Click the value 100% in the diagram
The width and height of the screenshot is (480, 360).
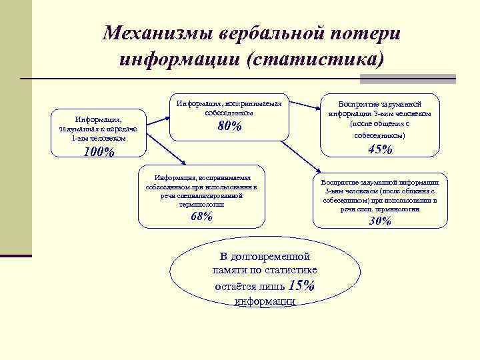point(99,152)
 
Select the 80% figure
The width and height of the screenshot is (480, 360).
point(229,127)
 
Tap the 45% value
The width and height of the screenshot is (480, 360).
point(380,149)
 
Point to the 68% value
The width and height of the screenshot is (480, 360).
point(201,216)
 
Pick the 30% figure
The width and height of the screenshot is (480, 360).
point(380,221)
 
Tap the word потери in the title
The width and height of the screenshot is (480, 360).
point(366,33)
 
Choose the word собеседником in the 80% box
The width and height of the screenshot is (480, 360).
point(229,113)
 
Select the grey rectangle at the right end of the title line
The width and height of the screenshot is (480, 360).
point(407,79)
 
